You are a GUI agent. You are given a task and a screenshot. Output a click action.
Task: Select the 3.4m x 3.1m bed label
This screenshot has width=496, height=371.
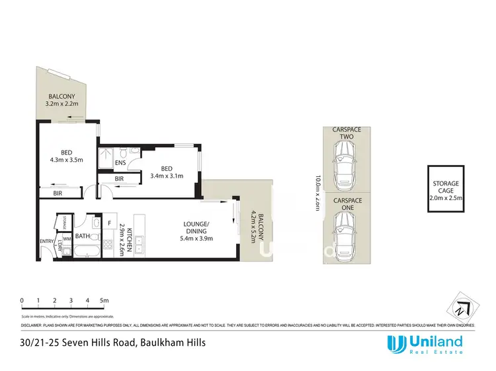click(x=167, y=171)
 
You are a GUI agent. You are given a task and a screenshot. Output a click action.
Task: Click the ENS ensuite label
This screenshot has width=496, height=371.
click(x=120, y=162)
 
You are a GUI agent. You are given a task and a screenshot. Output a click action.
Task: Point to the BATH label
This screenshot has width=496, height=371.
click(x=83, y=236)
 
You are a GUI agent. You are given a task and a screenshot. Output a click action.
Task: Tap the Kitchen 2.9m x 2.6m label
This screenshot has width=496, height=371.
click(x=124, y=240)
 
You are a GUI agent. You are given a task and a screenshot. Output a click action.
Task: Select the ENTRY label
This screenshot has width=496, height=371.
click(x=46, y=242)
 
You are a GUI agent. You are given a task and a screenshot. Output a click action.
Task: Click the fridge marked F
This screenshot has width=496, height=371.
click(x=110, y=223)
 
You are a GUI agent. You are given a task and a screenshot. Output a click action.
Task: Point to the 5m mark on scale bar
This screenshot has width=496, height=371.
click(x=104, y=300)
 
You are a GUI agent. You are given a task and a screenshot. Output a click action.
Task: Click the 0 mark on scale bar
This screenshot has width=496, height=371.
click(x=22, y=300)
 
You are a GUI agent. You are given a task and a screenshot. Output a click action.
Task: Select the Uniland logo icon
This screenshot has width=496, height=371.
click(x=395, y=343)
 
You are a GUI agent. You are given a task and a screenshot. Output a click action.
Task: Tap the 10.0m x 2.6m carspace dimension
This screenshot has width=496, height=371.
click(x=319, y=193)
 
